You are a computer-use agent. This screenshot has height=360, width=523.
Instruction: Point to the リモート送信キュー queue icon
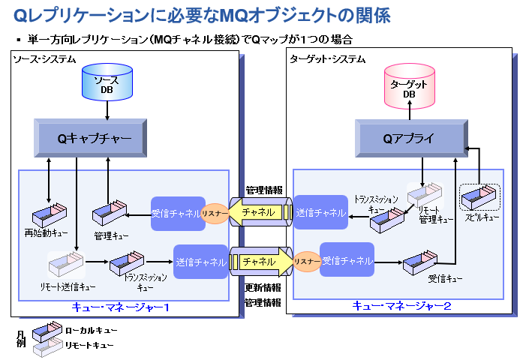point(67,265)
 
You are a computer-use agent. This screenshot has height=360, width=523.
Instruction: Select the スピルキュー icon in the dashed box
point(479,199)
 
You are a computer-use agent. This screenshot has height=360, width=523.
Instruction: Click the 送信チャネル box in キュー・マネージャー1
point(200,262)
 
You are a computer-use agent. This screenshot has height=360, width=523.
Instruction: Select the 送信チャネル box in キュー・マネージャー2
point(320,212)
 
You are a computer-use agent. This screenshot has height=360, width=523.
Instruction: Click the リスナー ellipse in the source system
point(213,214)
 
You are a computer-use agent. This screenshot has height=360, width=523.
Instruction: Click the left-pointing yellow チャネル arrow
point(259,212)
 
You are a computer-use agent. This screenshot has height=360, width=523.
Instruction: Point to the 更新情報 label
point(263,289)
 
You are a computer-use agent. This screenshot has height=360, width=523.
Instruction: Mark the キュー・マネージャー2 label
point(401,306)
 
